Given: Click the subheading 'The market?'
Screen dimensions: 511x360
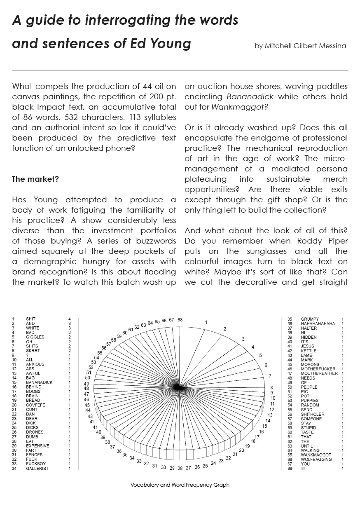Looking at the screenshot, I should coord(35,179).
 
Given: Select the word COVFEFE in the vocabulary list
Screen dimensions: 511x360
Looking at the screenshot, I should coord(35,405).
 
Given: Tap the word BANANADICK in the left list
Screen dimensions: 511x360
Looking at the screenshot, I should coord(39,382).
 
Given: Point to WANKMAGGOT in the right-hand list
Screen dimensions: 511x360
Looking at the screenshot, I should coord(316,455).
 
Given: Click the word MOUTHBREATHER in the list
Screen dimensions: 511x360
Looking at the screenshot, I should coord(319,373).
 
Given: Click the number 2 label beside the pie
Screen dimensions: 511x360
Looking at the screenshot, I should coord(225,329).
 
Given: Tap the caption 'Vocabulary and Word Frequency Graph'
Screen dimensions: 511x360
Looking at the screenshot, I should coord(180,485).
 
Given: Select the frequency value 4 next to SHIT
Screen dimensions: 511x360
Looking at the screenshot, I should coord(70,319).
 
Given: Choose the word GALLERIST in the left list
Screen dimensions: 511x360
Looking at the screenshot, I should coord(37,469).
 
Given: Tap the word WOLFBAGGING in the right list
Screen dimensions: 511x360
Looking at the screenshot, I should coord(316,459).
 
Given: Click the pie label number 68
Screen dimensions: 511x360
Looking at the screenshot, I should coord(180,320).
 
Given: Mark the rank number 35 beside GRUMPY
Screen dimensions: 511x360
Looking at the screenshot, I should coord(290,319).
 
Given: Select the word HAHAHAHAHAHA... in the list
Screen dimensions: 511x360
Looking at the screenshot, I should coord(319,323).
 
